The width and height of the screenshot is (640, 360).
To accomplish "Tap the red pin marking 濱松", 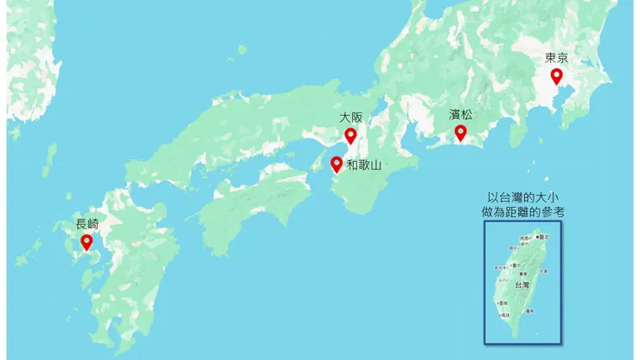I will pyautogui.click(x=461, y=132).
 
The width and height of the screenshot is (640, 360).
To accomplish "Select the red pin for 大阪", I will pyautogui.click(x=350, y=135).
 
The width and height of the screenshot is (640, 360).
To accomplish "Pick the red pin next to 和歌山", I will pyautogui.click(x=336, y=163).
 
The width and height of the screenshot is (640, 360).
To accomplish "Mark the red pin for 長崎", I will pyautogui.click(x=86, y=241).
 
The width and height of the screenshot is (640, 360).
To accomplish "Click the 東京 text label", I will pyautogui.click(x=556, y=58).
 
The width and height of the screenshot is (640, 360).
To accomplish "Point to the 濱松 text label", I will pyautogui.click(x=460, y=114).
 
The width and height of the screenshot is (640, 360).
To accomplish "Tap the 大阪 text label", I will pyautogui.click(x=350, y=117).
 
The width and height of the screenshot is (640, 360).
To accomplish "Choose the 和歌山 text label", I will pyautogui.click(x=364, y=164).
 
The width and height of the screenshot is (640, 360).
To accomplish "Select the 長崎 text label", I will pyautogui.click(x=86, y=224).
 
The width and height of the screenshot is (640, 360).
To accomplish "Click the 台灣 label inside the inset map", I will pyautogui.click(x=522, y=285).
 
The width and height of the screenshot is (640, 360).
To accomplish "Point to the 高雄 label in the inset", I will pyautogui.click(x=504, y=316).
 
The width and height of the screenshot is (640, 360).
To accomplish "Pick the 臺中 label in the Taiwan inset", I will pyautogui.click(x=515, y=265).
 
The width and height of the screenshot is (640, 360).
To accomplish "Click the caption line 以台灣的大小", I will pyautogui.click(x=522, y=197).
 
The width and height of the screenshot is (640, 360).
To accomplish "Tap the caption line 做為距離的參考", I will pyautogui.click(x=522, y=211).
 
